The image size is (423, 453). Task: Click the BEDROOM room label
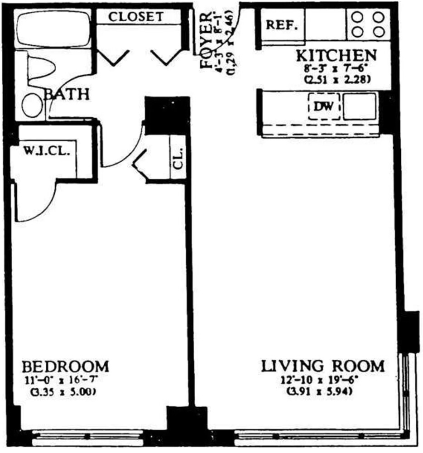pyautogui.click(x=66, y=366)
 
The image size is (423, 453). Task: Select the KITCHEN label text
pyautogui.click(x=336, y=55)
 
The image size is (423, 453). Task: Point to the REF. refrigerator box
pyautogui.click(x=282, y=25)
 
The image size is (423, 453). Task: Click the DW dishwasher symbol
pyautogui.click(x=324, y=106)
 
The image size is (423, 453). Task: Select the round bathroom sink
pyautogui.click(x=31, y=105)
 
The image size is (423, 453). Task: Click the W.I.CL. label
pyautogui.click(x=46, y=151)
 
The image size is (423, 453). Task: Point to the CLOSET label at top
pyautogui.click(x=136, y=17)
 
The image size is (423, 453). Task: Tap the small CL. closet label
pyautogui.click(x=178, y=157)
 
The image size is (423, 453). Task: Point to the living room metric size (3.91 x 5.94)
pyautogui.click(x=320, y=390)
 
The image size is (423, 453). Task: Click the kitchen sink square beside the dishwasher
pyautogui.click(x=360, y=106)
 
